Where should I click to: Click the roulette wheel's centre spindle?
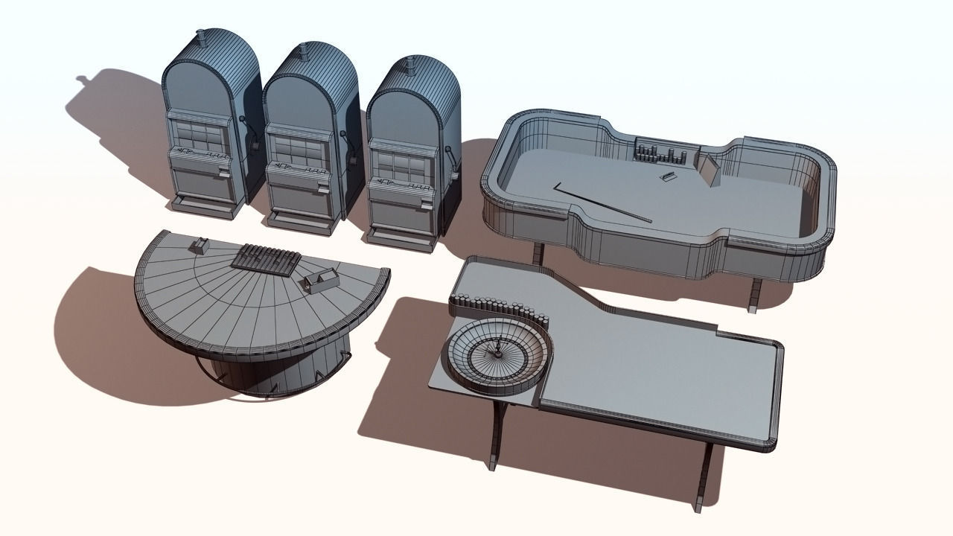coord(494,348)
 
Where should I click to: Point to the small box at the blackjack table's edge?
coord(200,243)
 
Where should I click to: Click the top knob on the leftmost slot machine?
coord(201,35)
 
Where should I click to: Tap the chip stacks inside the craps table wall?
coord(660,154)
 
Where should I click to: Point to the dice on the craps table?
coord(668,176)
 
